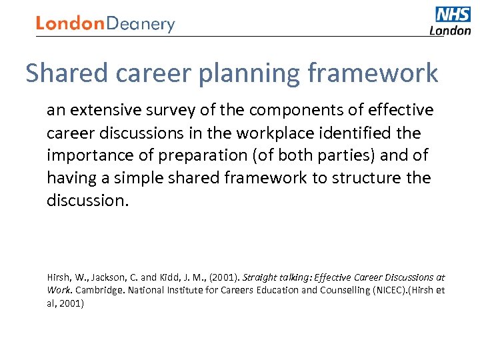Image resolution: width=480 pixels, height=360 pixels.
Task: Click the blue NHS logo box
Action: (453, 15)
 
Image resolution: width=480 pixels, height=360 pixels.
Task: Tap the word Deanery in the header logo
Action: (141, 25)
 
